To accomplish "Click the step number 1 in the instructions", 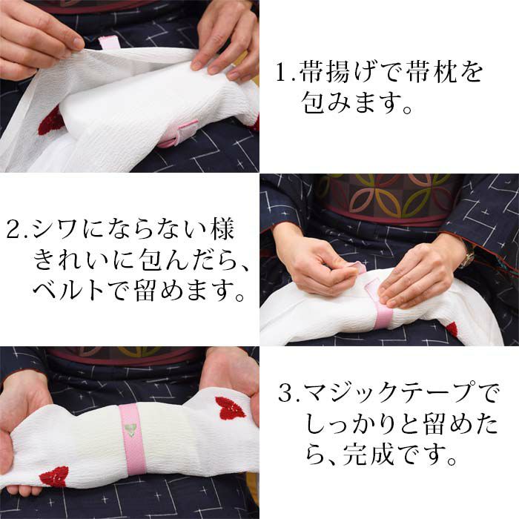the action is click(281, 73).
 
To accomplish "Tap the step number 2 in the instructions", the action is click(13, 230).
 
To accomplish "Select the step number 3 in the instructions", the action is click(285, 393).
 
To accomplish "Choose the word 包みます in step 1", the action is click(351, 102).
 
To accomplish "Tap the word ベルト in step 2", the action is click(69, 290).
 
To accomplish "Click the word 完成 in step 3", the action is click(368, 454).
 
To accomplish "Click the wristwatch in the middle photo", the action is click(468, 257).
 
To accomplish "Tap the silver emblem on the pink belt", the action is click(130, 430).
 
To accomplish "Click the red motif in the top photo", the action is click(50, 122).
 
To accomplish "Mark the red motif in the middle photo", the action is click(452, 329).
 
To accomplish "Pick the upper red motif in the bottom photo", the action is click(230, 408).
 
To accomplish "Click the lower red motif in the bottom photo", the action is click(54, 477).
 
